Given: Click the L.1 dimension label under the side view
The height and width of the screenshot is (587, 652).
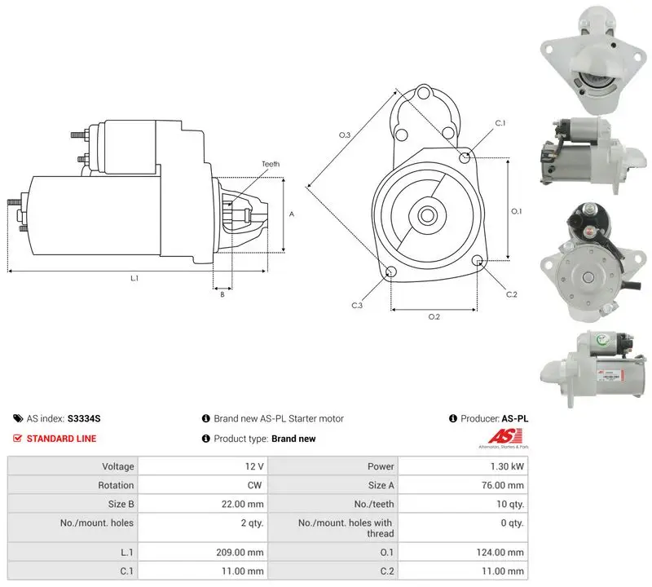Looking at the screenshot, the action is pos(134,278).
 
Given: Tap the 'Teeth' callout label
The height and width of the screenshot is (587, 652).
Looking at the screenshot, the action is pos(271,164).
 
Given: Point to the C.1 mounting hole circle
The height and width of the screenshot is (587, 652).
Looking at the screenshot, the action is pos(465,157).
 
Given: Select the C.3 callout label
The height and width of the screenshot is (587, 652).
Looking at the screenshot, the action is pos(357,306).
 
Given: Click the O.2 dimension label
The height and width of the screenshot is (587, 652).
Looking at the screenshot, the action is pos(434,317).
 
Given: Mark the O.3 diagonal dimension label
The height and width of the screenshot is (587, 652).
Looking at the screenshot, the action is pos(344,135).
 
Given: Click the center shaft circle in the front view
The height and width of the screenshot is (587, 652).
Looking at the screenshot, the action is pos(426,215).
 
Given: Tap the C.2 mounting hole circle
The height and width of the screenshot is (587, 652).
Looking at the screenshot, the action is pos(478,261).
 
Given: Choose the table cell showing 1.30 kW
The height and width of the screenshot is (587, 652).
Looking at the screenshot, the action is pos(463,466).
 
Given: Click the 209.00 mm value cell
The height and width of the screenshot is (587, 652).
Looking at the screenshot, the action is pos(203,552).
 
